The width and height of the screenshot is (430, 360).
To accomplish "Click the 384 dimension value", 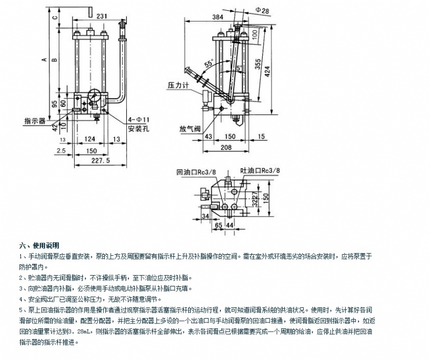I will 218,17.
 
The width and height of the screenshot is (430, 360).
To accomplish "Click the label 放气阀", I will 189,129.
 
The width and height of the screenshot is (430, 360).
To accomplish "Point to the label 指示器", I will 34,120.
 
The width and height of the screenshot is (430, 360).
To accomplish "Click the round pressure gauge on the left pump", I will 92,97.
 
